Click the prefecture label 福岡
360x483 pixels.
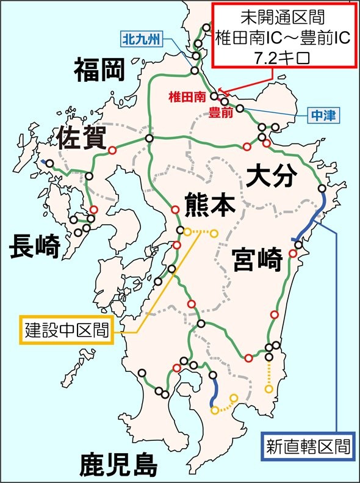(99, 70)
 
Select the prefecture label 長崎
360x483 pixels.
(35, 247)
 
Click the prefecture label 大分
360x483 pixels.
(272, 176)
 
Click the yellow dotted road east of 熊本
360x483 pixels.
(201, 232)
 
